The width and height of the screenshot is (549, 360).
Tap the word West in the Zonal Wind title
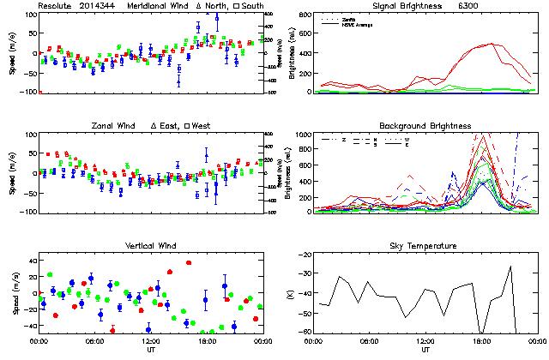tap(192, 126)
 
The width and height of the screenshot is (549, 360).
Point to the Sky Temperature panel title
tap(425, 246)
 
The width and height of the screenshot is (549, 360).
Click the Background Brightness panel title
tap(425, 126)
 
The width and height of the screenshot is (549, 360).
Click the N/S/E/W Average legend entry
tap(357, 24)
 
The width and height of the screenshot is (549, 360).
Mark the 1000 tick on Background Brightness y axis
tap(304, 135)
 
